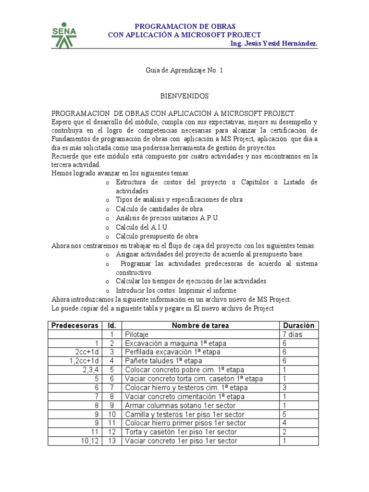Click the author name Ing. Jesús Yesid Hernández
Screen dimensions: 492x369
click(274, 44)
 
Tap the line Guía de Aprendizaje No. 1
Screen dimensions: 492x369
click(184, 70)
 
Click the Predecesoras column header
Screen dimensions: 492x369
click(75, 325)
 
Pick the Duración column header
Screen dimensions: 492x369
click(298, 325)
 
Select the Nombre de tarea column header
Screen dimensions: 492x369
click(200, 325)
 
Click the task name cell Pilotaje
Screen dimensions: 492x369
click(136, 334)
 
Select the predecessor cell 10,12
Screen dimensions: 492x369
click(89, 441)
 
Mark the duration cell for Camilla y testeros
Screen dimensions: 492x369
click(285, 414)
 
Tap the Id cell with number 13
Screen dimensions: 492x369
click(112, 441)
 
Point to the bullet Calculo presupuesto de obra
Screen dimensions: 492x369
click(157, 236)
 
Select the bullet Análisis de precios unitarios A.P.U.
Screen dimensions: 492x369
click(167, 218)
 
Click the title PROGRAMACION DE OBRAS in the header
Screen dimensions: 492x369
click(184, 26)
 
